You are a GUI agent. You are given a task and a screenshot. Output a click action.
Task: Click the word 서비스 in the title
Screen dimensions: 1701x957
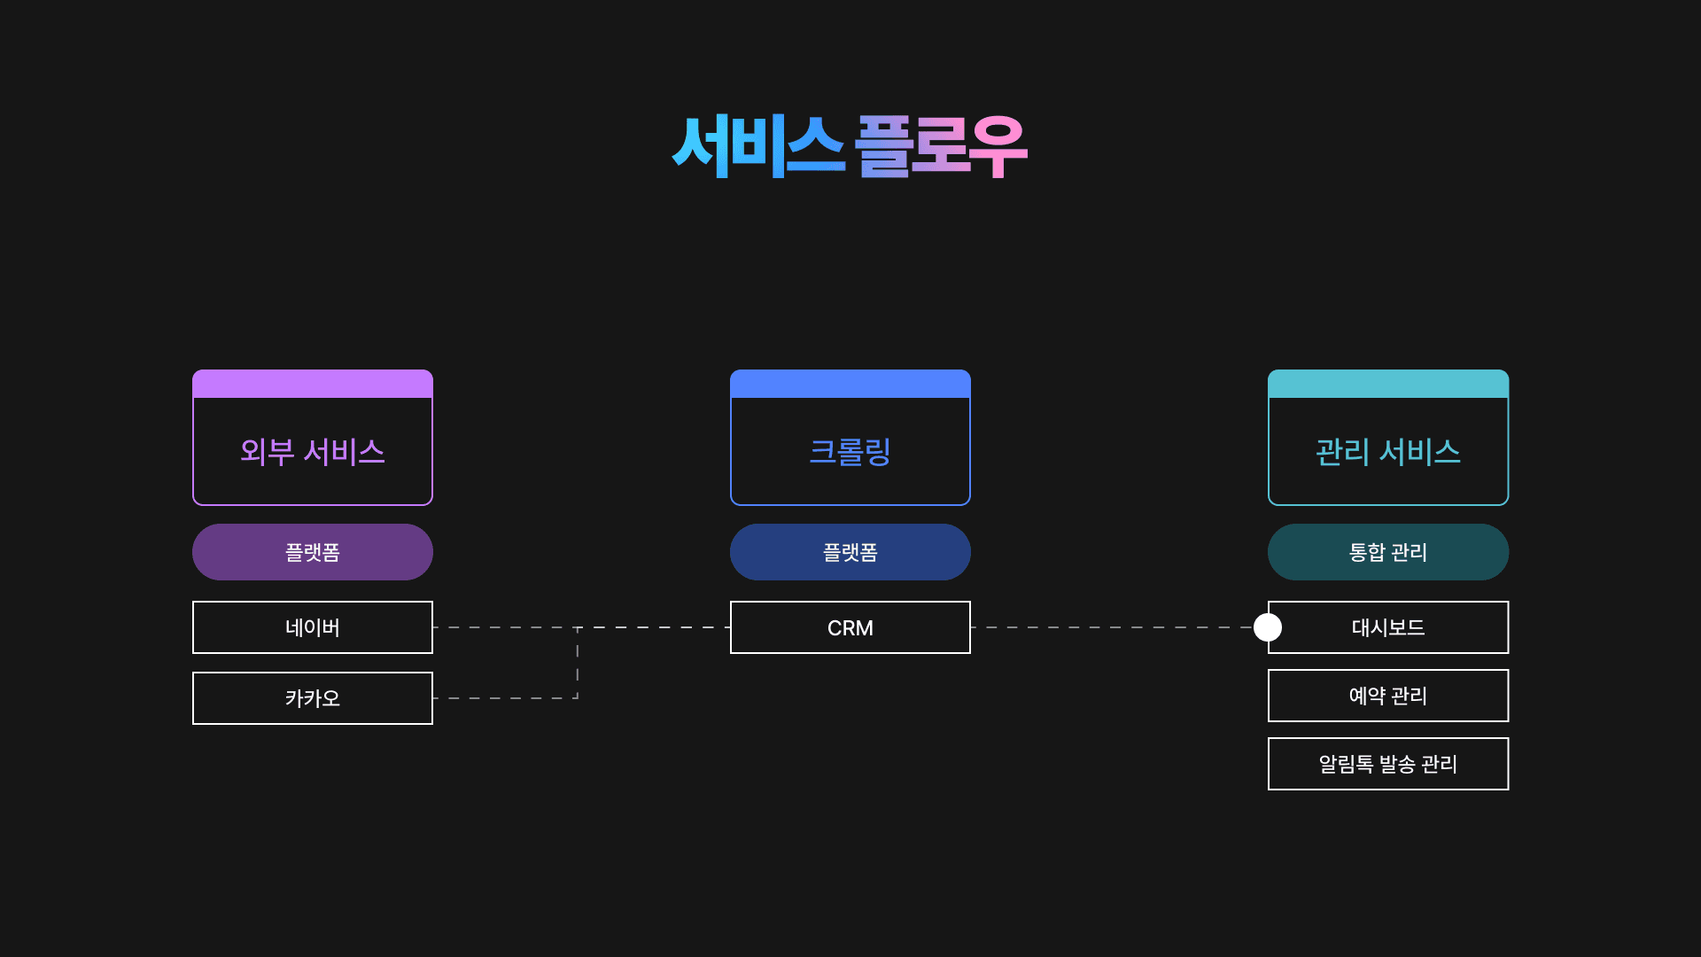(757, 146)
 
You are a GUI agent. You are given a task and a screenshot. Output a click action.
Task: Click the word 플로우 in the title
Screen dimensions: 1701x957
(941, 146)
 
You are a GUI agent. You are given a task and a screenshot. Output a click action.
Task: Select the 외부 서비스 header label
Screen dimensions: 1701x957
(313, 452)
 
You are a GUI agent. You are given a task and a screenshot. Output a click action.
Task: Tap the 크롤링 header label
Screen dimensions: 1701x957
(850, 452)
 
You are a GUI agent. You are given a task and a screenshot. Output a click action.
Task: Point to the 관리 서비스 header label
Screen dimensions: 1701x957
(1388, 452)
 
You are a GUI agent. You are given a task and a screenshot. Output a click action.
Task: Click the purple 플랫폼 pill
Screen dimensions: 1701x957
(313, 552)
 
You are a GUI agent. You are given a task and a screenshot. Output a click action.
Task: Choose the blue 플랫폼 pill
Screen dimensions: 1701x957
(850, 552)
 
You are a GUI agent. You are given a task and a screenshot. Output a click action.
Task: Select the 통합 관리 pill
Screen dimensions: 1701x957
(1388, 552)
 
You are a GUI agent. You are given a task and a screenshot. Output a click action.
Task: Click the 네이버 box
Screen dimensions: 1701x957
(313, 627)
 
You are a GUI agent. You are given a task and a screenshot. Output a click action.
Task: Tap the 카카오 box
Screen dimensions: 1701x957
(313, 698)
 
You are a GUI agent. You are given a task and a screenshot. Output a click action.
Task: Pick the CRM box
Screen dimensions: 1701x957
(850, 627)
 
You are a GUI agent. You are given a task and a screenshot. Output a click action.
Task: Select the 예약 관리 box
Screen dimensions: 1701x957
(1388, 696)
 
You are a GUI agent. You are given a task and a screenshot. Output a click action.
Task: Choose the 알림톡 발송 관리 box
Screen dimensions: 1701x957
(1388, 764)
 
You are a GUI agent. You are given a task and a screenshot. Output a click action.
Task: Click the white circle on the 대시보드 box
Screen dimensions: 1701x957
(1268, 627)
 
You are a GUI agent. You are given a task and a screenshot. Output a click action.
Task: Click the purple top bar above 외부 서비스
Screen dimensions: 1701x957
(313, 385)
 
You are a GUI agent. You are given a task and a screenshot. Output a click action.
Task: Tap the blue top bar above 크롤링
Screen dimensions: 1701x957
(850, 385)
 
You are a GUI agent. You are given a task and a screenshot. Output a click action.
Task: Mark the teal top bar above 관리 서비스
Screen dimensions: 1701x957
(1388, 385)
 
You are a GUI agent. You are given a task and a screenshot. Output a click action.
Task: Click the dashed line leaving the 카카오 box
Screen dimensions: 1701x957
(505, 698)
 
